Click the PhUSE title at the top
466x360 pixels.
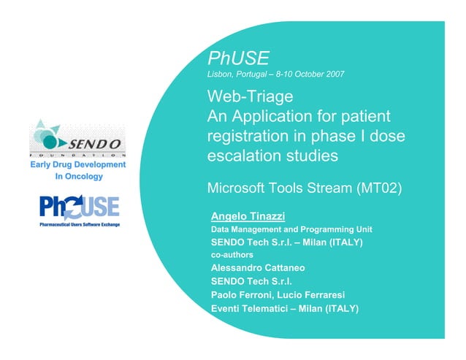tap(238, 58)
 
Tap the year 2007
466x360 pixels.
tap(334, 74)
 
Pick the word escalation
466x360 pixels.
tap(244, 156)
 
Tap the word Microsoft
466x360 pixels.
tap(241, 188)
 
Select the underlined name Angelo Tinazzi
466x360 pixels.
tap(248, 216)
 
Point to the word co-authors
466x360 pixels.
tap(232, 255)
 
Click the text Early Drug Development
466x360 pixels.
tap(78, 165)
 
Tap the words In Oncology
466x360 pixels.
tap(78, 176)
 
